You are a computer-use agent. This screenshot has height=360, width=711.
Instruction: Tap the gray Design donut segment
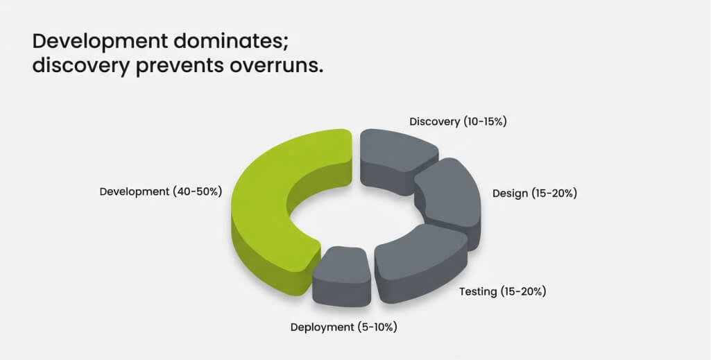(449, 200)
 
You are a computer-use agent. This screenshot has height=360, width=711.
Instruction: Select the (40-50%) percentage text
(197, 191)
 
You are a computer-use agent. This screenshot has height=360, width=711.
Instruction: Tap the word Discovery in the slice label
(434, 121)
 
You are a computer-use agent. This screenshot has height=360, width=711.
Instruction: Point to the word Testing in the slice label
(478, 291)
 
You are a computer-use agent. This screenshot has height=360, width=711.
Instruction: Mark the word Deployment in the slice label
(322, 327)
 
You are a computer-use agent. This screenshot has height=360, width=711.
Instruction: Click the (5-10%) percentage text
(377, 327)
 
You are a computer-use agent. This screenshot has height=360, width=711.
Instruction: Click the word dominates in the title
(230, 42)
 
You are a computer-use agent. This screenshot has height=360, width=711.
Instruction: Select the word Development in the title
(100, 42)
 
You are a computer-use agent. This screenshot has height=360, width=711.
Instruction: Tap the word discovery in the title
(81, 66)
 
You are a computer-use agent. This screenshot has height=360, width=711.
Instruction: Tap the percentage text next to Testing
(523, 291)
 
